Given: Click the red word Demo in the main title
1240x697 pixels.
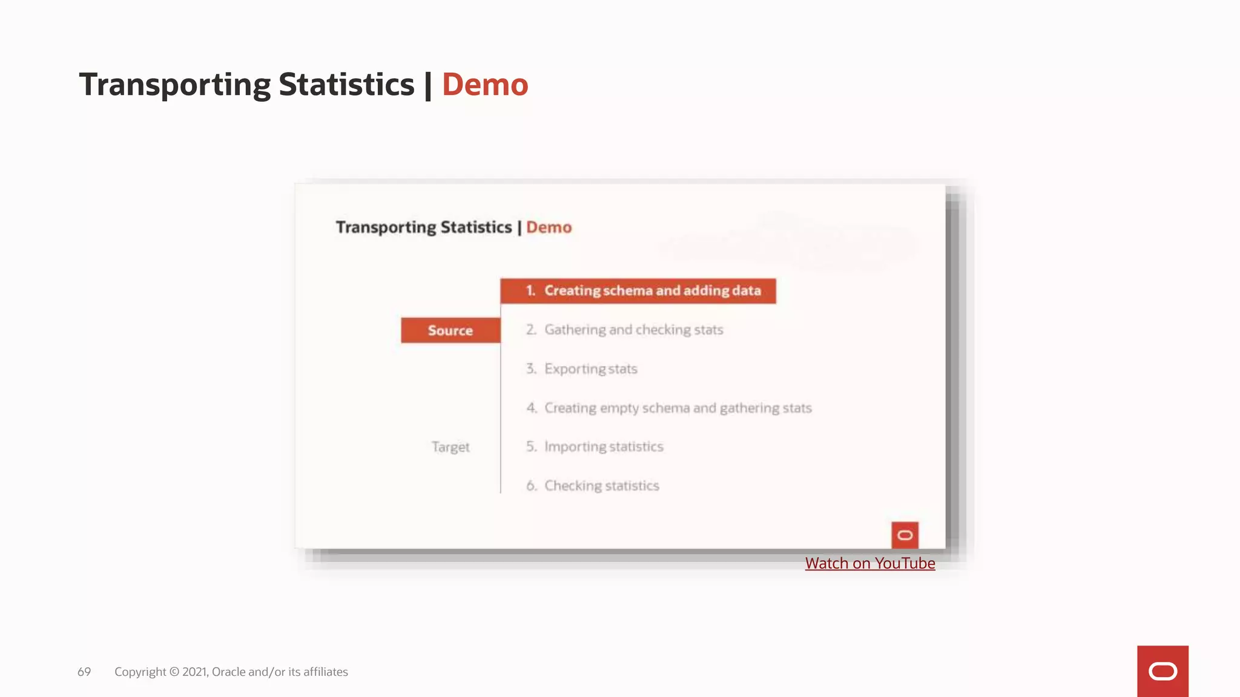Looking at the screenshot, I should (x=484, y=85).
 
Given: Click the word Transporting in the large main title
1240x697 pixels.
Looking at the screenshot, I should (x=174, y=85).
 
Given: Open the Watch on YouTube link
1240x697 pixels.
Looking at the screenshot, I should (x=869, y=563).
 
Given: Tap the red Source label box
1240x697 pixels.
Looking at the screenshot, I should (x=450, y=330).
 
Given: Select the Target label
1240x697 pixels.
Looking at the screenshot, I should (x=450, y=447).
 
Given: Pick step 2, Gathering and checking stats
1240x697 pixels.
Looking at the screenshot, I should (x=633, y=330).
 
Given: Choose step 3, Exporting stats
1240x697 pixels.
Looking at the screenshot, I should (x=590, y=369).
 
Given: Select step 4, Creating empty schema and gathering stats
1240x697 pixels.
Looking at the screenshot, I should (x=678, y=408).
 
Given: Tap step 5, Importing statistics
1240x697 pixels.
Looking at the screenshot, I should (x=603, y=447).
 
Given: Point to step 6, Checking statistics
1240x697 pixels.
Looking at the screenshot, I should (x=601, y=486).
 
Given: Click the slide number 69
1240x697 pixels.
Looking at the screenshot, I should (x=84, y=672).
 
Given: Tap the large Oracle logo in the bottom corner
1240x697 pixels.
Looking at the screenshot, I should (x=1162, y=671).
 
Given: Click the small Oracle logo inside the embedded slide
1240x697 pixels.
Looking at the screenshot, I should (x=905, y=535).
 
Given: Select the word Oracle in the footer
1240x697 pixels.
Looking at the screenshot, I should (x=228, y=672).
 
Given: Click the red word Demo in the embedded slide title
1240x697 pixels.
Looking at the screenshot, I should (x=549, y=227).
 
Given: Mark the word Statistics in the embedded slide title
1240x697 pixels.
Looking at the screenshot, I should (x=476, y=227).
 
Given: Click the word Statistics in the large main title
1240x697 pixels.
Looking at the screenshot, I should (x=346, y=85).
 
